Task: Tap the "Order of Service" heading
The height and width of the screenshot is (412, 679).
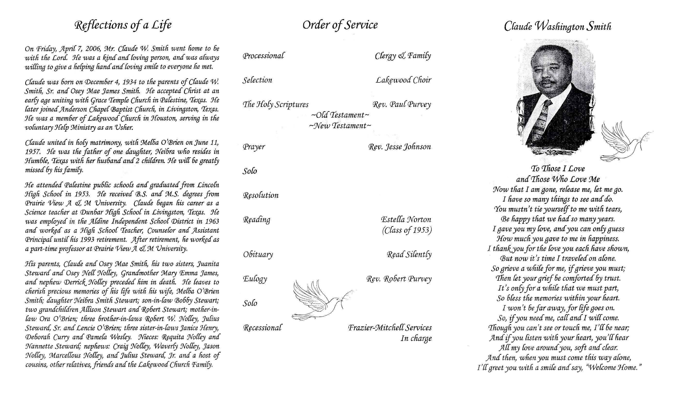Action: point(340,25)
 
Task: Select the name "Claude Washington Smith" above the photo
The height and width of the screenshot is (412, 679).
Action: point(558,27)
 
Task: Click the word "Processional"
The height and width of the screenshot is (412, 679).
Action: point(263,56)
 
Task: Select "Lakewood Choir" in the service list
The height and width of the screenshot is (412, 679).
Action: point(404,80)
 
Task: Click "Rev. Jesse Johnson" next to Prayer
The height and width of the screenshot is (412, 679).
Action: point(399,147)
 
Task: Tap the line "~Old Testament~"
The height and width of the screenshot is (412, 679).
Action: point(340,115)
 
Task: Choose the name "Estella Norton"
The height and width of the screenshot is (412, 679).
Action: point(406,220)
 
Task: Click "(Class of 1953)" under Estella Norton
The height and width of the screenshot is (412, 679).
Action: point(406,230)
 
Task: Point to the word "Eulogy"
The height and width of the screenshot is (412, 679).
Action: point(255,279)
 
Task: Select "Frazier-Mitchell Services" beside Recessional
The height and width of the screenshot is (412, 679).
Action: point(390,328)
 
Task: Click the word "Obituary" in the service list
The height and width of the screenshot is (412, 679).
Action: point(258,254)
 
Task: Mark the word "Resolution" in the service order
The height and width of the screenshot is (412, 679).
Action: point(260,196)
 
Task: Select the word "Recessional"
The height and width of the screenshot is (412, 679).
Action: point(262,328)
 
